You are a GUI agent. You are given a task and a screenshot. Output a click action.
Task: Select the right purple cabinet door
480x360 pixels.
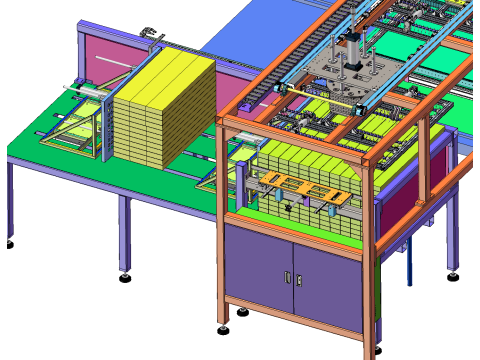pyautogui.click(x=328, y=285)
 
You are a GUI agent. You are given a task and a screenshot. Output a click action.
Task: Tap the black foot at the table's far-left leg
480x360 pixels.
pyautogui.click(x=9, y=244)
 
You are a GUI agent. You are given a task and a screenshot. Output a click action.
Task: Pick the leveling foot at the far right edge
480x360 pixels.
pyautogui.click(x=453, y=276)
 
